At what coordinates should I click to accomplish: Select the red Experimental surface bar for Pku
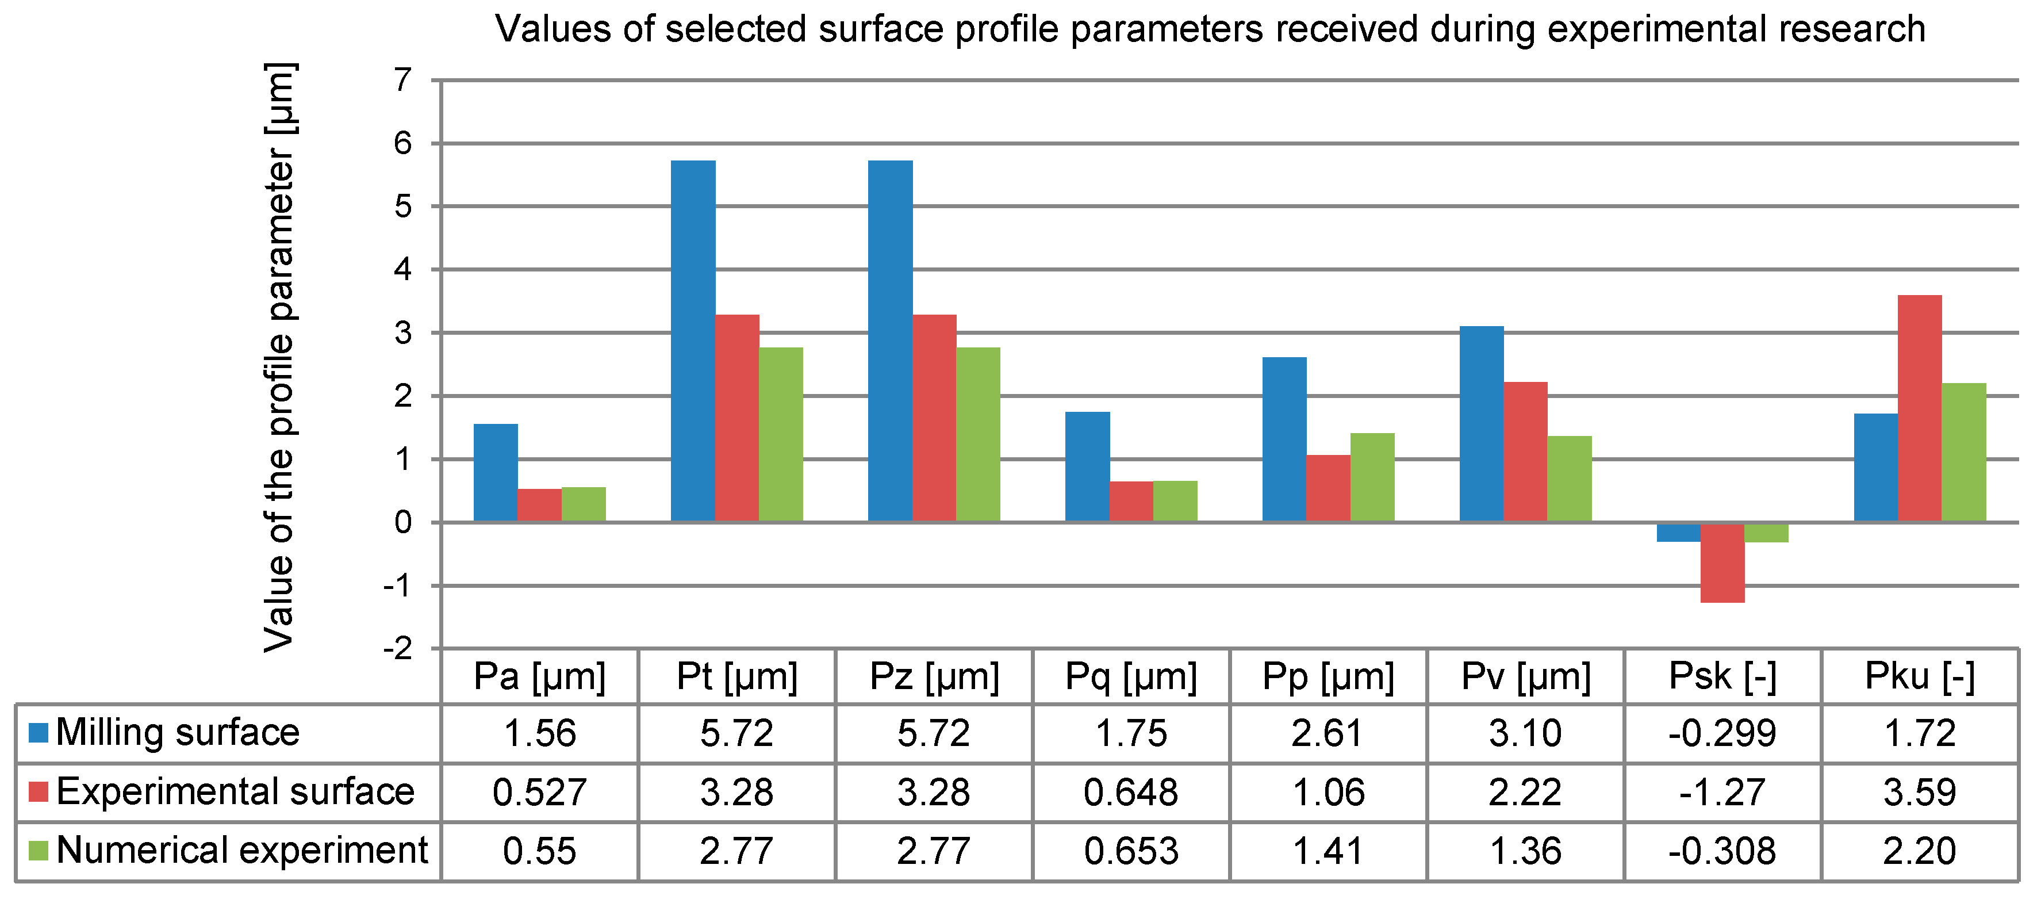[1919, 408]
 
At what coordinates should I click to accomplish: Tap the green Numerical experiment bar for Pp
[1372, 477]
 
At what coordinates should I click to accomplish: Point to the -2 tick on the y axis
[398, 648]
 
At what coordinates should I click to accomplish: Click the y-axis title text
[279, 357]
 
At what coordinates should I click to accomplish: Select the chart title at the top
[1210, 29]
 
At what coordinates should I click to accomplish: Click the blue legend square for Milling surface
[38, 732]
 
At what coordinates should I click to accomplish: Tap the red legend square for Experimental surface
[38, 791]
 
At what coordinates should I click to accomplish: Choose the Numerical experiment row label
[241, 850]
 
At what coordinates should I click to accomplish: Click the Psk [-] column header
[1722, 676]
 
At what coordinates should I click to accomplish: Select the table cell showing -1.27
[1722, 792]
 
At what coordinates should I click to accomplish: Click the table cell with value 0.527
[539, 792]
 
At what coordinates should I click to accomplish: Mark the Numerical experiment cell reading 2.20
[1919, 851]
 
